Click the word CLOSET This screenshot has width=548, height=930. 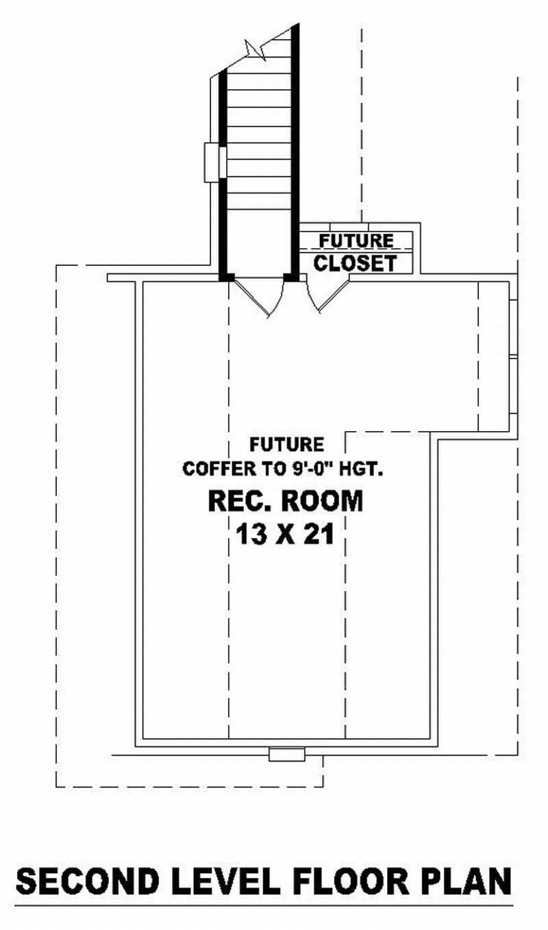[x=355, y=262]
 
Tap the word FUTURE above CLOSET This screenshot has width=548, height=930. [x=356, y=241]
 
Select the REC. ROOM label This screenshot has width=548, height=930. [x=285, y=502]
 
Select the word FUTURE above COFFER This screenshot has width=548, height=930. [x=286, y=445]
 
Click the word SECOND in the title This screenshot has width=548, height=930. [x=88, y=881]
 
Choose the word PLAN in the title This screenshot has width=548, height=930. [x=470, y=881]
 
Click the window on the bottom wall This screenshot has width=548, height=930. [x=286, y=755]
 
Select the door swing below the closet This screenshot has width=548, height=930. [x=325, y=295]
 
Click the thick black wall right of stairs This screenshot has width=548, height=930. [x=295, y=151]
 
